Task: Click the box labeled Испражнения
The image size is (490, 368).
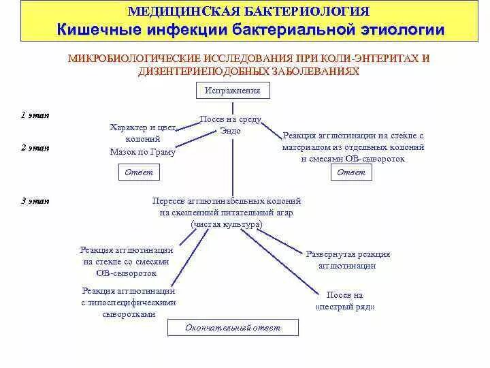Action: [233, 90]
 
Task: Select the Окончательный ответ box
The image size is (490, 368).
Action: [233, 328]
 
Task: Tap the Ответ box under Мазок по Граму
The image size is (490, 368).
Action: [139, 172]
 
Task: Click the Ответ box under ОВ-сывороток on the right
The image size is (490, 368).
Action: [351, 172]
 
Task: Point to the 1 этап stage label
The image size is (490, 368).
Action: [34, 114]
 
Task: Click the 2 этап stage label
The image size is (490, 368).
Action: [34, 147]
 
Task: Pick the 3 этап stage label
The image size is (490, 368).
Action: [34, 200]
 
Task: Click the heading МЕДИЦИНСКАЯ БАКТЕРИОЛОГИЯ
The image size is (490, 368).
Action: [248, 12]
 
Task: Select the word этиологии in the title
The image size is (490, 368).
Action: [402, 29]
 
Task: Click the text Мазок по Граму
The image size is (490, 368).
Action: [142, 152]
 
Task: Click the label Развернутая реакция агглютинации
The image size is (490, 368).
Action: [348, 260]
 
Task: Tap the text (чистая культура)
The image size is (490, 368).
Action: [227, 224]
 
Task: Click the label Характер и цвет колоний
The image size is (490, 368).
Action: [142, 133]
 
